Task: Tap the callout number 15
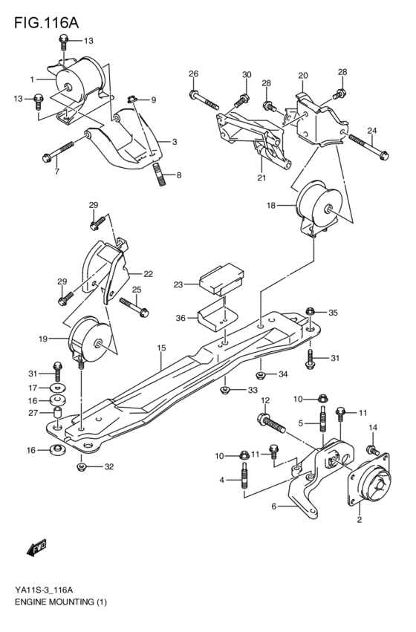[x=161, y=347]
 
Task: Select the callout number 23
[x=178, y=283]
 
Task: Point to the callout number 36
[x=181, y=319]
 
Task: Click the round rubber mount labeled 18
[x=319, y=201]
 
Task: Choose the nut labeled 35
[x=311, y=313]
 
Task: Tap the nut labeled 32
[x=82, y=466]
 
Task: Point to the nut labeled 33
[x=224, y=388]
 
